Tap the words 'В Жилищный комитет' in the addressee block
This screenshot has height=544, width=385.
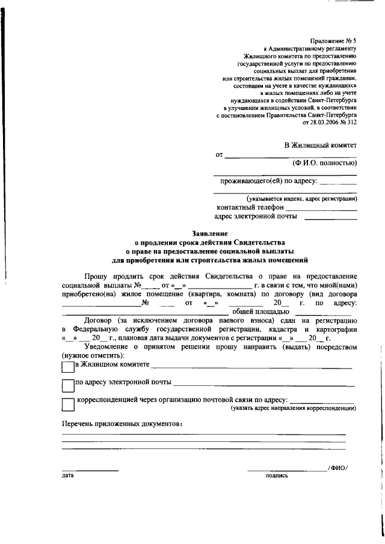tap(320, 145)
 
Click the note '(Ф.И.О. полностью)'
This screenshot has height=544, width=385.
tap(324, 163)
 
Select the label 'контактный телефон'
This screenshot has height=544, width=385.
tap(249, 207)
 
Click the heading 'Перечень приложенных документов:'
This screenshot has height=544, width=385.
tap(122, 424)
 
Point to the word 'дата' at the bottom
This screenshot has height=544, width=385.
tap(67, 475)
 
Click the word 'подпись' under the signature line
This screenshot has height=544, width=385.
tap(277, 475)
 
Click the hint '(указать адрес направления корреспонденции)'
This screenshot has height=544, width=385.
tap(294, 408)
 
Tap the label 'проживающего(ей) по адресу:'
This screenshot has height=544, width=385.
tap(266, 180)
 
